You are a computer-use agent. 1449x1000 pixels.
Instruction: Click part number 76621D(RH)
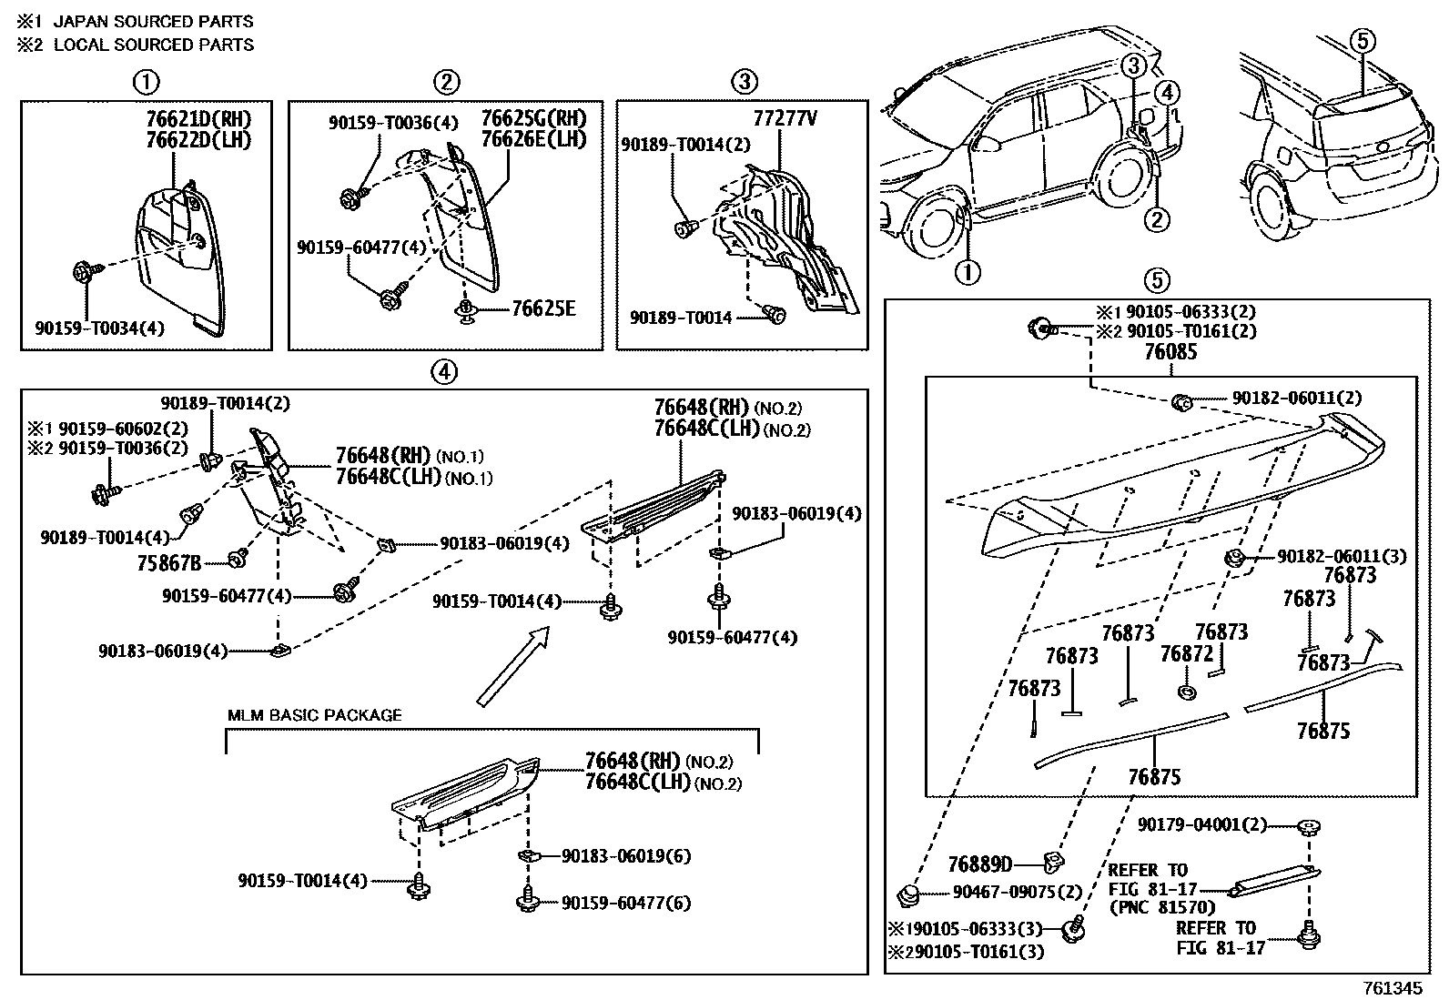198,119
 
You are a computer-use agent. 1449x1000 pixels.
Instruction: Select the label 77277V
785,119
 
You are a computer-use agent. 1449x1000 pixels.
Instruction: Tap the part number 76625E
542,308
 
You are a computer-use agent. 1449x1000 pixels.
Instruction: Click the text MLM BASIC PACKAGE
314,715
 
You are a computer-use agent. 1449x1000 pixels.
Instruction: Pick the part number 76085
1170,351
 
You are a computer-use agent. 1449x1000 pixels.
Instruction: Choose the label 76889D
979,864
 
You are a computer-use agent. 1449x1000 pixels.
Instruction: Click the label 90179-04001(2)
1201,824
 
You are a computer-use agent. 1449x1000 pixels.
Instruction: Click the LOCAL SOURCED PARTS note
154,45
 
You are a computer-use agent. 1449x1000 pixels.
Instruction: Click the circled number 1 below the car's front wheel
968,271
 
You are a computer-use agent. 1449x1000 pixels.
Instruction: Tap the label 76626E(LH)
533,138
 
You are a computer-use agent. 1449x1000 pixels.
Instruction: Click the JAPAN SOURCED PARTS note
154,21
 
